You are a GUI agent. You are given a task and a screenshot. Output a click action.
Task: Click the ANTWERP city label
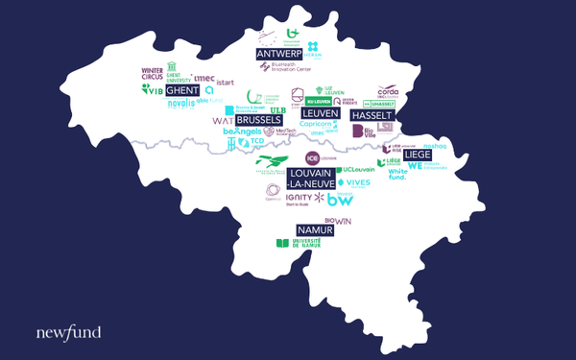point(279,54)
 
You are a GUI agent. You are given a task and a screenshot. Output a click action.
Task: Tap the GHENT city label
point(182,90)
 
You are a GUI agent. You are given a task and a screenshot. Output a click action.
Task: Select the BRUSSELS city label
point(258,120)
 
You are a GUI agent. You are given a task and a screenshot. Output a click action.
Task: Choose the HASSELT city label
point(372,115)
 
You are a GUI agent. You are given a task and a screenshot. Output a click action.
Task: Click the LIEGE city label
point(417,154)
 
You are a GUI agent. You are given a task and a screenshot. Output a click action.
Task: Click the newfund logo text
point(68,333)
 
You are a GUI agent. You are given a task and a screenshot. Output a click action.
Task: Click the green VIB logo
point(153,89)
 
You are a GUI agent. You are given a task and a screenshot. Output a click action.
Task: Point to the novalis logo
point(180,103)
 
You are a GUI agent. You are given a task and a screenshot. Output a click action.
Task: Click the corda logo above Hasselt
point(388,94)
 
